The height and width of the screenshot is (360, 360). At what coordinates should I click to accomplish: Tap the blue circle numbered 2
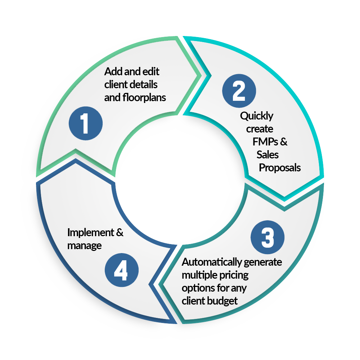tap(239, 91)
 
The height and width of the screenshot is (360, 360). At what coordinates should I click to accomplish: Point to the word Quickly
tap(257, 116)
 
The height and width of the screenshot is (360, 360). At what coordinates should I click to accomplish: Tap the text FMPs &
tap(270, 141)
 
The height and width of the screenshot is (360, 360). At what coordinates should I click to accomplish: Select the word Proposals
tap(280, 168)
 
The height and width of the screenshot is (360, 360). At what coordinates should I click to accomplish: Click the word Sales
tap(268, 155)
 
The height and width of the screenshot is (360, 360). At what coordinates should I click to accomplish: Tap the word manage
tap(85, 246)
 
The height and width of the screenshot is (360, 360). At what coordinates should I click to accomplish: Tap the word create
tap(260, 129)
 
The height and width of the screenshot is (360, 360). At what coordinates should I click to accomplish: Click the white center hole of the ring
tap(180, 180)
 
